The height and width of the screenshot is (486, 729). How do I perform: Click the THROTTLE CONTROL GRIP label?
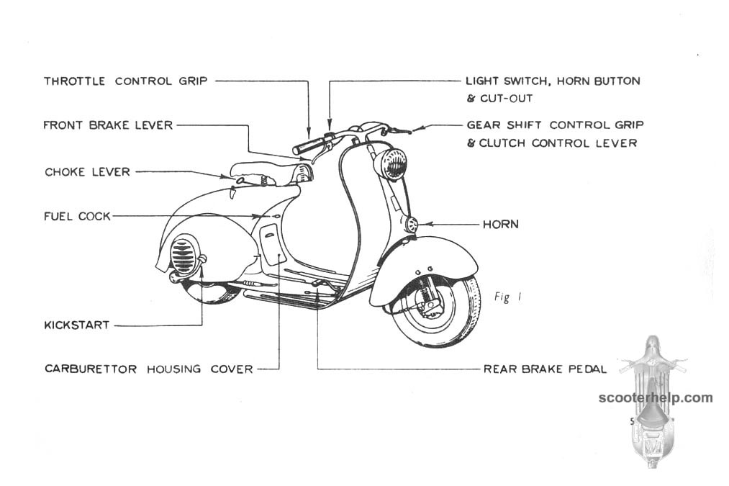(x=125, y=81)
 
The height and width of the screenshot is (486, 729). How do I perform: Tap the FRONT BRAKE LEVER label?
(x=108, y=125)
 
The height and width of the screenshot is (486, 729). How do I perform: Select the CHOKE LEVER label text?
(x=87, y=172)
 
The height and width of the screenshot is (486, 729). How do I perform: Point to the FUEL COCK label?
(x=77, y=216)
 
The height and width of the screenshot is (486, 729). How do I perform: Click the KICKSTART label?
(x=77, y=325)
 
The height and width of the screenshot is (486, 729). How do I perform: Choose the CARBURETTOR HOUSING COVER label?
(x=149, y=369)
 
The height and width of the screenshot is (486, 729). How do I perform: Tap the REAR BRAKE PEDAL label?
(x=545, y=369)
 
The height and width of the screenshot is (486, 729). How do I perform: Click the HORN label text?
(x=501, y=224)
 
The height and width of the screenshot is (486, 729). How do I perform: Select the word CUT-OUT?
(x=507, y=99)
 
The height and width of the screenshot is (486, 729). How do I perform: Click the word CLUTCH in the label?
(x=503, y=143)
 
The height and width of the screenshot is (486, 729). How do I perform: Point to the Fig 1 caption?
(x=508, y=297)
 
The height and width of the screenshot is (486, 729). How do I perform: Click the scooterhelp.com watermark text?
(x=656, y=397)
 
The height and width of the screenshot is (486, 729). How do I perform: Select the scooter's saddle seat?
(x=271, y=172)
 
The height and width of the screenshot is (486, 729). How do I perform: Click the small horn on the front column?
(x=412, y=225)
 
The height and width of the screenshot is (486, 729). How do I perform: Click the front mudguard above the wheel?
(x=424, y=265)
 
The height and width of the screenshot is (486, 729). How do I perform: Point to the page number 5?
(x=632, y=422)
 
